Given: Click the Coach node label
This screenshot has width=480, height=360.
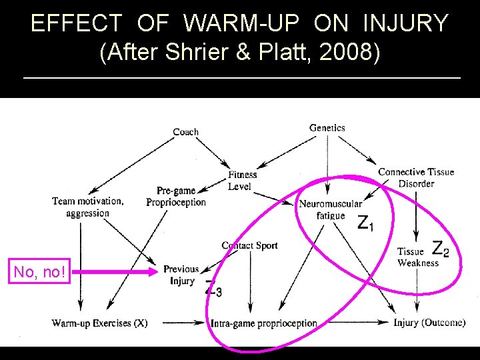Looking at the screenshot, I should point(185,132).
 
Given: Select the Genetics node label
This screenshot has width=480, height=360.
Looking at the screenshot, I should point(327,127).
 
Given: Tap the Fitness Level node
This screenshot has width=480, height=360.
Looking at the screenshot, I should point(242,181).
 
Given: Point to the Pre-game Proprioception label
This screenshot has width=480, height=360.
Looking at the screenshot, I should point(176,197).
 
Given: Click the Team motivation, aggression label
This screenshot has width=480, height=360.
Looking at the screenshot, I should point(87,207).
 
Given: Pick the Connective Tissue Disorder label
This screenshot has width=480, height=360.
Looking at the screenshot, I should point(416,177).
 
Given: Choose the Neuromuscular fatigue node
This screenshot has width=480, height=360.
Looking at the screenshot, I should point(331,209).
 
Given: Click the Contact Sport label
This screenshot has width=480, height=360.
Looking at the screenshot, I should point(249,245).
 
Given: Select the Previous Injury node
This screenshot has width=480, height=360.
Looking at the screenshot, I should point(181,275).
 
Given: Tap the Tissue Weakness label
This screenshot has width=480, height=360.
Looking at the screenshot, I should point(417,257).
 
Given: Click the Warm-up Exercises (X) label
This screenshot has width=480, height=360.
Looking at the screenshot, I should point(100,323).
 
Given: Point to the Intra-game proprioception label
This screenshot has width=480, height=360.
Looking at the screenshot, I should point(264,323).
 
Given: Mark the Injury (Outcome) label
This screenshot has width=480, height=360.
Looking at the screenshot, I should point(429,323).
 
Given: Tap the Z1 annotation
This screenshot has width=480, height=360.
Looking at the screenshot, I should point(366,223).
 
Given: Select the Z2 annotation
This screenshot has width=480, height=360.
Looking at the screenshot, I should point(441,249).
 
